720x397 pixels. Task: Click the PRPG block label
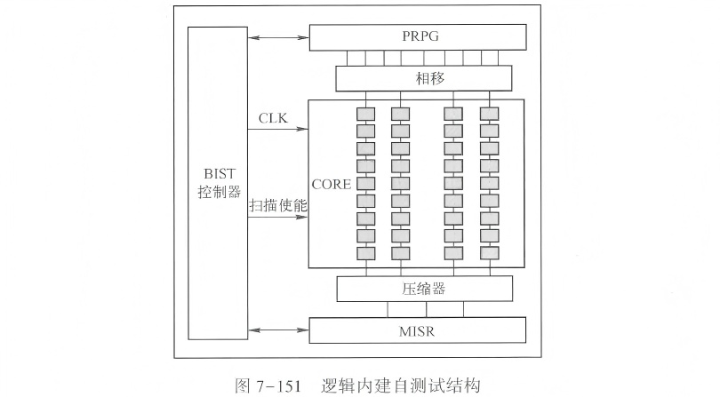pos(416,37)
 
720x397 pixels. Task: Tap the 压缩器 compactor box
pos(424,289)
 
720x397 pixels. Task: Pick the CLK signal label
pos(273,119)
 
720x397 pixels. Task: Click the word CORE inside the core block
pos(330,185)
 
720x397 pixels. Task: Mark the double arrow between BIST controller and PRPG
pos(279,37)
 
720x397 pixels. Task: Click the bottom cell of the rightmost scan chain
pos(487,253)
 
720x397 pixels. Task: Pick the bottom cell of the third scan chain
pos(453,253)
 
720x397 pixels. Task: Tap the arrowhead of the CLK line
pos(304,130)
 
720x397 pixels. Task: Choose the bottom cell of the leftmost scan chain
pos(364,253)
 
